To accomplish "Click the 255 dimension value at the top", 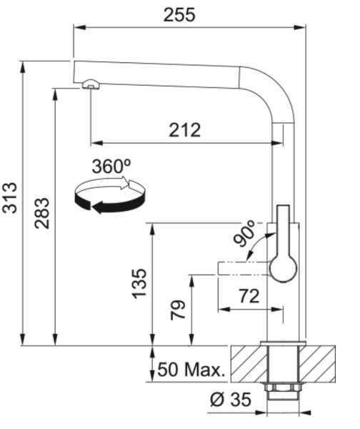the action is pyautogui.click(x=179, y=15).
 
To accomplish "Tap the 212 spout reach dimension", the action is pyautogui.click(x=185, y=130).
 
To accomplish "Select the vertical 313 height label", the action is pyautogui.click(x=10, y=197).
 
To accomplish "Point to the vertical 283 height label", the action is pyautogui.click(x=42, y=213).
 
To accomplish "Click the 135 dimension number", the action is pyautogui.click(x=139, y=283).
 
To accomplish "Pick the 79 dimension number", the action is pyautogui.click(x=178, y=310).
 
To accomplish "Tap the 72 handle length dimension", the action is pyautogui.click(x=249, y=296).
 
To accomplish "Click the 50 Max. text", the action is pyautogui.click(x=191, y=370).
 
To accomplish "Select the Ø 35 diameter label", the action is pyautogui.click(x=231, y=399).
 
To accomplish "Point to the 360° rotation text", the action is pyautogui.click(x=111, y=167).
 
